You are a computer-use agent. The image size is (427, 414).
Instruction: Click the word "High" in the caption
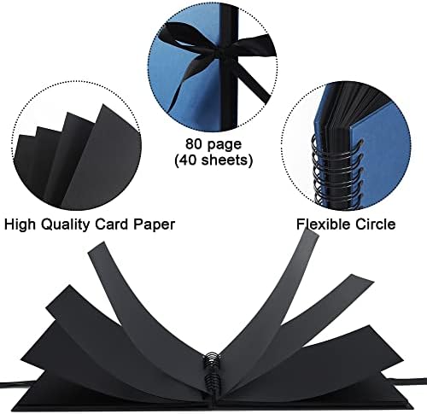click(x=20, y=224)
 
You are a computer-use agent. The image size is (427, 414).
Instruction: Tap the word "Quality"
click(x=65, y=224)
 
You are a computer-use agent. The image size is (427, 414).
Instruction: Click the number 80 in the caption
click(x=195, y=144)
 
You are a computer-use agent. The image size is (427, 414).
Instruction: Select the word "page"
click(x=225, y=145)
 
